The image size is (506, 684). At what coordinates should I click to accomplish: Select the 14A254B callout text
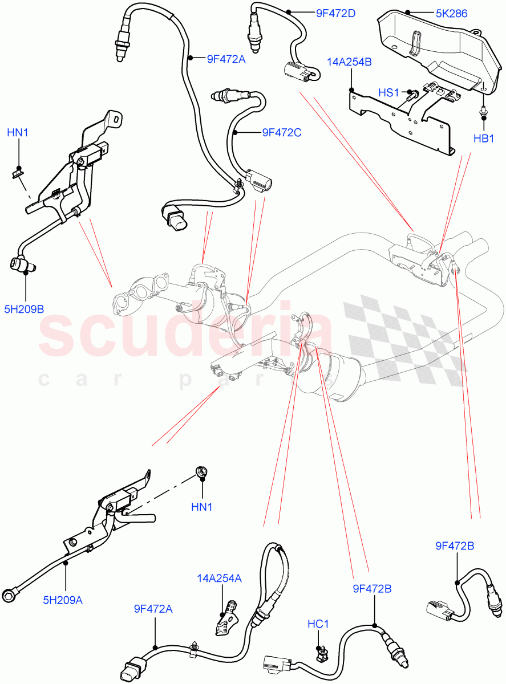point(349,62)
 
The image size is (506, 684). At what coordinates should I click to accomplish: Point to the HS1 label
point(389,92)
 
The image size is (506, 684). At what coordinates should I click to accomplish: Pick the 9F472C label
point(281,133)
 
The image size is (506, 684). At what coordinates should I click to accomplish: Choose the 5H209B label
point(25,309)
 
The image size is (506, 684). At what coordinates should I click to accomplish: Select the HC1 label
point(318,624)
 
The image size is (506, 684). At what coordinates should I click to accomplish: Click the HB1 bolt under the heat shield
point(483,112)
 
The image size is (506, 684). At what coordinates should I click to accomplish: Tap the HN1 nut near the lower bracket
point(201,471)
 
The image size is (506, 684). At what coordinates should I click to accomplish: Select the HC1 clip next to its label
point(321,653)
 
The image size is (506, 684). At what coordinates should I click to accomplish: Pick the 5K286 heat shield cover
point(434,51)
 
